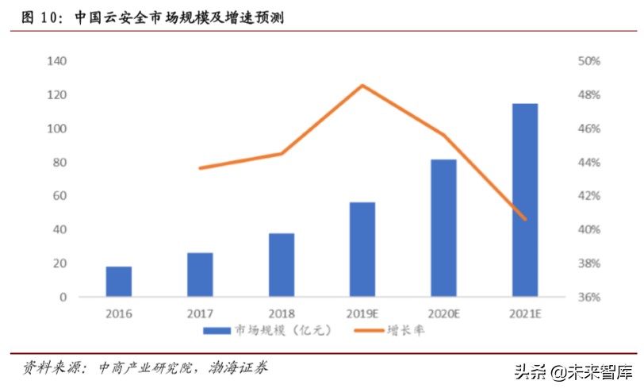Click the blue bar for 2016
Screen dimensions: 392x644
coord(119,282)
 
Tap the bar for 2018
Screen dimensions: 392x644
coord(281,265)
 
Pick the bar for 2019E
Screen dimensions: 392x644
coord(362,249)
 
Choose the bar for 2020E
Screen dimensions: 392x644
coord(443,229)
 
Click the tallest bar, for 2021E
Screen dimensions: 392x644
coord(524,200)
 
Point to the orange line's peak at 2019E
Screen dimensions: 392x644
coord(362,85)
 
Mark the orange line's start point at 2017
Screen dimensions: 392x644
coord(200,168)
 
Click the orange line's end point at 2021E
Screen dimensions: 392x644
coord(524,219)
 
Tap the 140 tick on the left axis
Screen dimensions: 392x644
coord(57,61)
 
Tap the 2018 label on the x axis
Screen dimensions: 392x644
coord(281,313)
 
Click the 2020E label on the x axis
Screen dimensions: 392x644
coord(443,313)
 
